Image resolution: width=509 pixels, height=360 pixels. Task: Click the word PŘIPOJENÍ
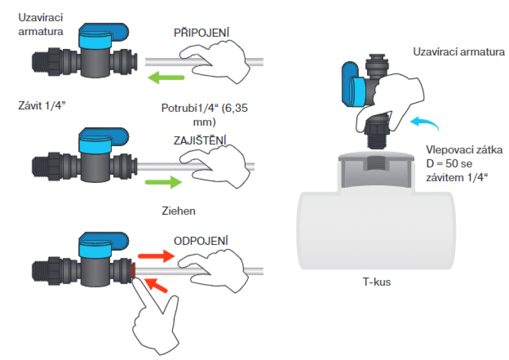point(201,32)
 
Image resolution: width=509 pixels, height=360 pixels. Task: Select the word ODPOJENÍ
point(201,241)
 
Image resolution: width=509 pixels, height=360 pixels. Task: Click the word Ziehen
point(179,211)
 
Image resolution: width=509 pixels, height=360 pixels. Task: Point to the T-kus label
point(377,282)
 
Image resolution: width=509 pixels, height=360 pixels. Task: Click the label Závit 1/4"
point(42,105)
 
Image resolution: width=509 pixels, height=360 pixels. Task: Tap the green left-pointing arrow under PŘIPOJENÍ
point(166,77)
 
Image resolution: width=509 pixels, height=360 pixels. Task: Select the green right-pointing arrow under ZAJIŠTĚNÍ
point(163,182)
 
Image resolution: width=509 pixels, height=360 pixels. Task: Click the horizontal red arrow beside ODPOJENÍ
point(156,256)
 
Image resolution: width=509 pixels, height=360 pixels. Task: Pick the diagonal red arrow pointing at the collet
point(156,285)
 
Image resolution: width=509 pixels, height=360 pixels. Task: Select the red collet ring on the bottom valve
point(133,270)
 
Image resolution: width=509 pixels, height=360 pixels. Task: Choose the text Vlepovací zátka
point(464,150)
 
